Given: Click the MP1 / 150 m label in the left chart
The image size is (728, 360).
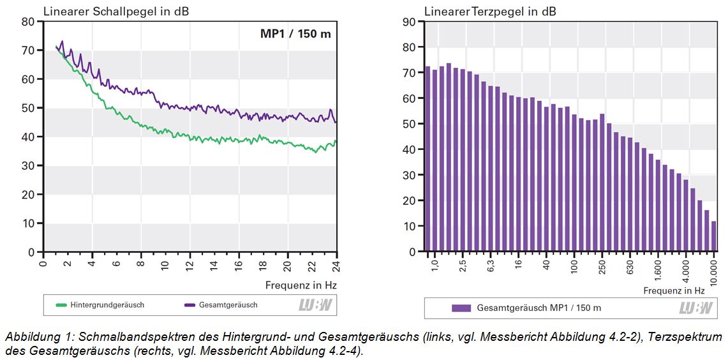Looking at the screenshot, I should (295, 34).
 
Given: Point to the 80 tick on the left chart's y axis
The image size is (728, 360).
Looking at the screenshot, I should (27, 22).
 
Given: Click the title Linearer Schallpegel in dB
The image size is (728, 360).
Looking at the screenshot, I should (115, 11).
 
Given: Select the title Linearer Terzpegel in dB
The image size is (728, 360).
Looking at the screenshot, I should (490, 11).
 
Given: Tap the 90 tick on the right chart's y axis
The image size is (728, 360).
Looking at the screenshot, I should (410, 22).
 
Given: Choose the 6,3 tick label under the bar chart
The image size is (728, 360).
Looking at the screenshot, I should (491, 267).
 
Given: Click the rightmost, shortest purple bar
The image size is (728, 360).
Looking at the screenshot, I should (714, 237).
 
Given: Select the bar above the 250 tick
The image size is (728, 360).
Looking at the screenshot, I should (602, 183).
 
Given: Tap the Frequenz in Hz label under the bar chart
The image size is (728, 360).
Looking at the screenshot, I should (674, 290).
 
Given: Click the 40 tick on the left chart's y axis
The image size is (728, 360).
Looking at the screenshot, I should (27, 137).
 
